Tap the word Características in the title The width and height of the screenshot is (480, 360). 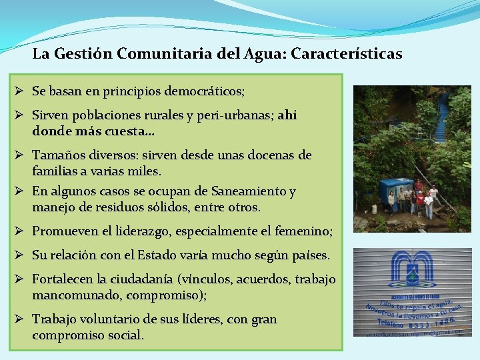click(357, 54)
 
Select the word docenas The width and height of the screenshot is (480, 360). click(277, 155)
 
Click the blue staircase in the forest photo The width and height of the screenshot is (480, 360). click(441, 117)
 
